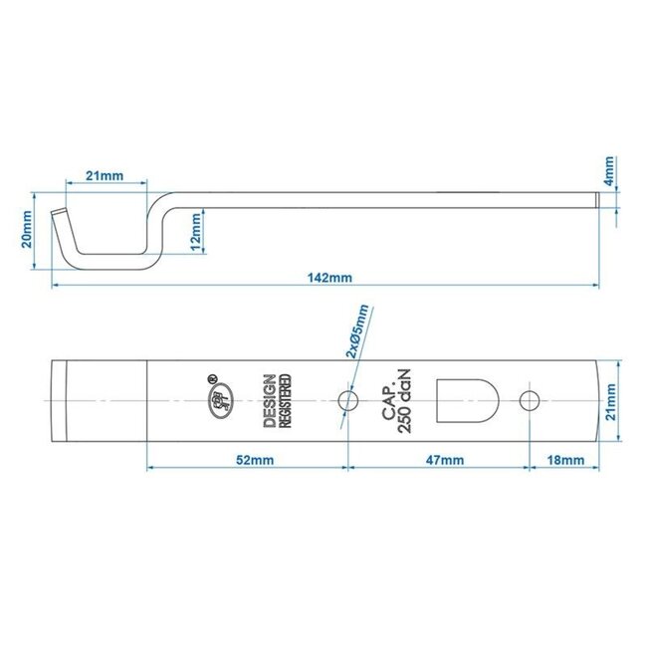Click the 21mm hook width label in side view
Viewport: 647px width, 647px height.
pos(104,175)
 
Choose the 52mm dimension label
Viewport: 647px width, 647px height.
pos(247,459)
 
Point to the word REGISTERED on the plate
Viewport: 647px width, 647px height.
pos(287,401)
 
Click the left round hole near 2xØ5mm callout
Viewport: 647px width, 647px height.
pos(347,401)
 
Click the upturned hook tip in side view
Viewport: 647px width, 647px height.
pos(60,214)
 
